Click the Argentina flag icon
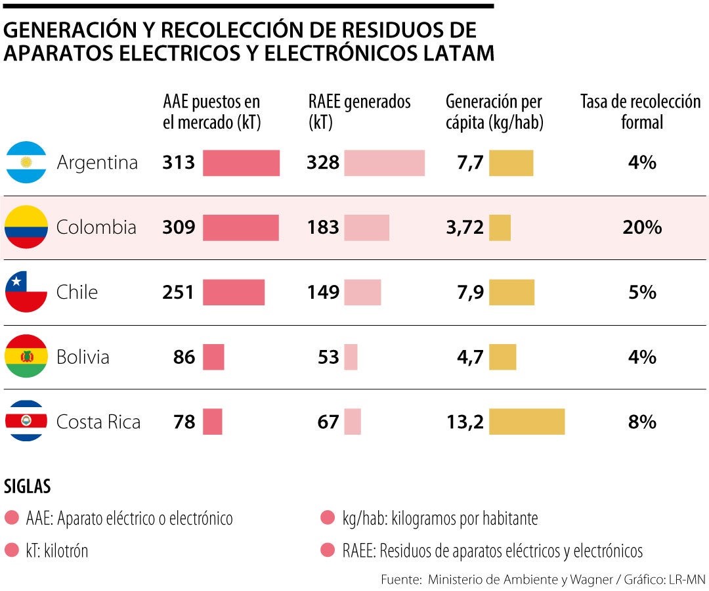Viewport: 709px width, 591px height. [26, 162]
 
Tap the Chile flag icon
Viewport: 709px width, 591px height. [26, 292]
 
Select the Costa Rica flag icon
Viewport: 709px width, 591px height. [26, 421]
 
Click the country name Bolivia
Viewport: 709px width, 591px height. [83, 357]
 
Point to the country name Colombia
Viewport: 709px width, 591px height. [97, 227]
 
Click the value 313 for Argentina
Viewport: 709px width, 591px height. [179, 162]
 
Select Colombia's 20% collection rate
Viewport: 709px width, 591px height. [642, 227]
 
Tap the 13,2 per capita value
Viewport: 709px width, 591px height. [465, 422]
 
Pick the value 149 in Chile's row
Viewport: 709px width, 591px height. [322, 292]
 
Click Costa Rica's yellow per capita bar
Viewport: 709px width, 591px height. [526, 422]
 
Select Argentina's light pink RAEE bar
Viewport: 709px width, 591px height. [384, 163]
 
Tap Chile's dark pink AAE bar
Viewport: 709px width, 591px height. [234, 292]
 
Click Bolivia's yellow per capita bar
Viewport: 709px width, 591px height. [503, 357]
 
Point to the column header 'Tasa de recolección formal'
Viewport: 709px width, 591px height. [641, 112]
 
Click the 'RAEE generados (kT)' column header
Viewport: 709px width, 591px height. [359, 112]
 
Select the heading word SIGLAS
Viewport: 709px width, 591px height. [28, 487]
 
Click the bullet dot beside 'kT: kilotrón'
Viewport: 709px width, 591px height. [11, 550]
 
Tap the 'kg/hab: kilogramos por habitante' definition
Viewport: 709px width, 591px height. [440, 519]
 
